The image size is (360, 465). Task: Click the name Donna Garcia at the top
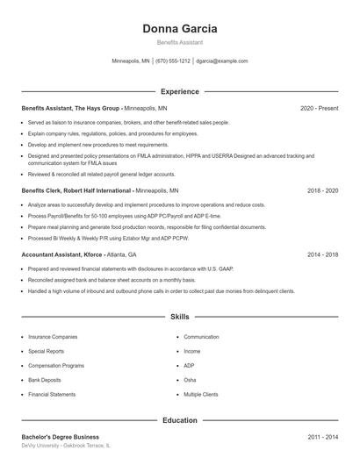pyautogui.click(x=179, y=28)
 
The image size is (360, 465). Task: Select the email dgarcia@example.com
pyautogui.click(x=222, y=61)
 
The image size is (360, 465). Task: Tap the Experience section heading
pyautogui.click(x=179, y=91)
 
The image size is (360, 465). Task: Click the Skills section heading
pyautogui.click(x=179, y=316)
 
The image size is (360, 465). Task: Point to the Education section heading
pyautogui.click(x=179, y=420)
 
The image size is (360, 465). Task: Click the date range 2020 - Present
pyautogui.click(x=319, y=108)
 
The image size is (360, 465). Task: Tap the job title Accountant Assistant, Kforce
pyautogui.click(x=62, y=254)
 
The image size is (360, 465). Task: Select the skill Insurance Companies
pyautogui.click(x=53, y=337)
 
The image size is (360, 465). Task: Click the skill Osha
pyautogui.click(x=190, y=380)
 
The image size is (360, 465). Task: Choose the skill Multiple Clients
pyautogui.click(x=201, y=395)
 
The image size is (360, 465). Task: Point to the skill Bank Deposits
pyautogui.click(x=46, y=380)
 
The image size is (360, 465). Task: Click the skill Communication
pyautogui.click(x=201, y=337)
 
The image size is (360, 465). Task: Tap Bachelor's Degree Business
pyautogui.click(x=60, y=437)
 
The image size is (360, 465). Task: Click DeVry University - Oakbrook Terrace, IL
pyautogui.click(x=66, y=447)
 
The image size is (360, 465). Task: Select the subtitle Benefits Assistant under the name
pyautogui.click(x=179, y=42)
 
